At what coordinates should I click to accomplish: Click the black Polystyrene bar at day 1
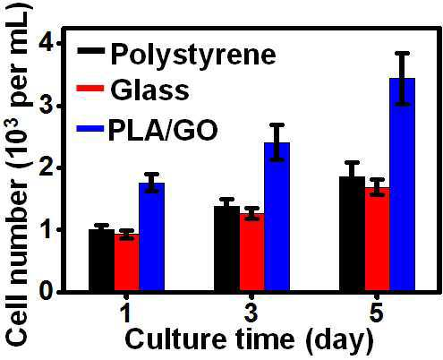pos(102,260)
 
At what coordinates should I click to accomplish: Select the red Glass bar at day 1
pos(127,262)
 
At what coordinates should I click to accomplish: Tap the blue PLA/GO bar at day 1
pos(152,237)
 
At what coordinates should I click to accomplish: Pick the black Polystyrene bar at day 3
pos(227,248)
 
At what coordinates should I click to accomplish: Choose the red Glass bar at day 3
pos(252,253)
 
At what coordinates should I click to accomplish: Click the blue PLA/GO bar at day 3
pos(277,217)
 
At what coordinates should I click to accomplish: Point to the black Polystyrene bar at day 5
pos(353,234)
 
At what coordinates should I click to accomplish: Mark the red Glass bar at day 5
pos(378,239)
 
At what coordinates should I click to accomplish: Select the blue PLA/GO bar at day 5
pos(403,184)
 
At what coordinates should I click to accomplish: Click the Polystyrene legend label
pos(193,55)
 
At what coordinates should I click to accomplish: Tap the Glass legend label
pos(149,90)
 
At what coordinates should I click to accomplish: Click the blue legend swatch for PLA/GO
pos(90,129)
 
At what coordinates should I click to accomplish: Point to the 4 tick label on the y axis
pos(47,43)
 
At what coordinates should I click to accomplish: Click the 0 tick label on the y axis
pos(47,291)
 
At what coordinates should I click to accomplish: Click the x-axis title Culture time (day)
pos(250,340)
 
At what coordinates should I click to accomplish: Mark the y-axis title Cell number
pos(19,264)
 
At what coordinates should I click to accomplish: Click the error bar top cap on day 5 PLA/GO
pos(402,53)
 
